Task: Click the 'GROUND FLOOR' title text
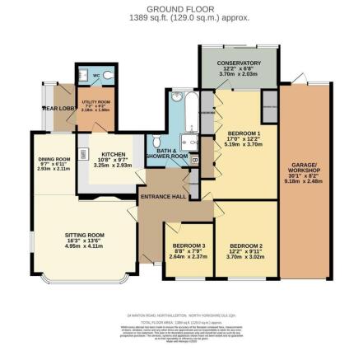tap(181, 8)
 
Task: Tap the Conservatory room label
tap(239, 63)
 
